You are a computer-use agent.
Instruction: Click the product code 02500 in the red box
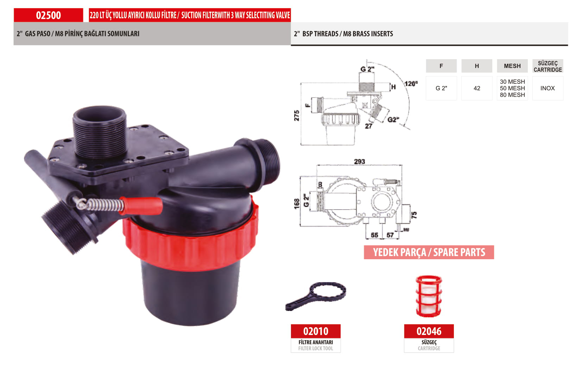coord(48,15)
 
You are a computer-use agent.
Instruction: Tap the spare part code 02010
coord(316,331)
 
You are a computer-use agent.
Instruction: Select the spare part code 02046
coord(429,331)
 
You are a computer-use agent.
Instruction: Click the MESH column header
coord(512,66)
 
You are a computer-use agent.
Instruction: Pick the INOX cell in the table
coord(548,88)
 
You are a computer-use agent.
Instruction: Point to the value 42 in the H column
coord(477,88)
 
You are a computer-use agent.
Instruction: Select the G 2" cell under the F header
coord(441,88)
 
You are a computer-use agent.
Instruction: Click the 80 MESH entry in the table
coord(512,95)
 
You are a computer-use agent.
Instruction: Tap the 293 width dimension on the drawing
coord(359,162)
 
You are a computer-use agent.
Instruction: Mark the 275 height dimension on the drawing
coord(297,116)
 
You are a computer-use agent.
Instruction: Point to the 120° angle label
coord(411,83)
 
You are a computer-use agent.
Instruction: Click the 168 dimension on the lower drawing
coord(297,204)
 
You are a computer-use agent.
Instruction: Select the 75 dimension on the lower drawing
coord(414,215)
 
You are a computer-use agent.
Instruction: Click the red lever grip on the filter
coord(141,206)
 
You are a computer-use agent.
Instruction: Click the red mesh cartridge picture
coord(429,296)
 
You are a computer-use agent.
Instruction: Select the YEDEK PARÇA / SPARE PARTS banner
coord(429,252)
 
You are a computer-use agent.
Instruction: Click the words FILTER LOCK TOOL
coord(315,348)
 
